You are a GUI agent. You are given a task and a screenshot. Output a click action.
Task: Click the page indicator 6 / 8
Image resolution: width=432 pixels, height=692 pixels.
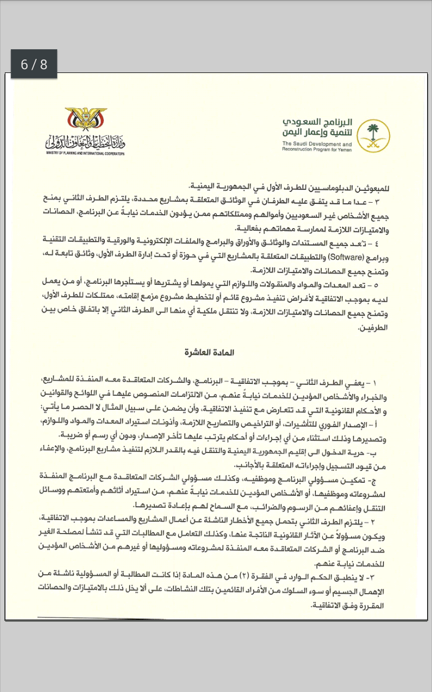tap(34, 64)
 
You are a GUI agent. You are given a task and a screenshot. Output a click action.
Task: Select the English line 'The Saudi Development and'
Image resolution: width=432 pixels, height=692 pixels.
tap(316, 144)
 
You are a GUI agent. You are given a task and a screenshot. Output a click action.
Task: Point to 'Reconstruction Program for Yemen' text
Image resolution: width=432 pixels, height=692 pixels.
tap(317, 150)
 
